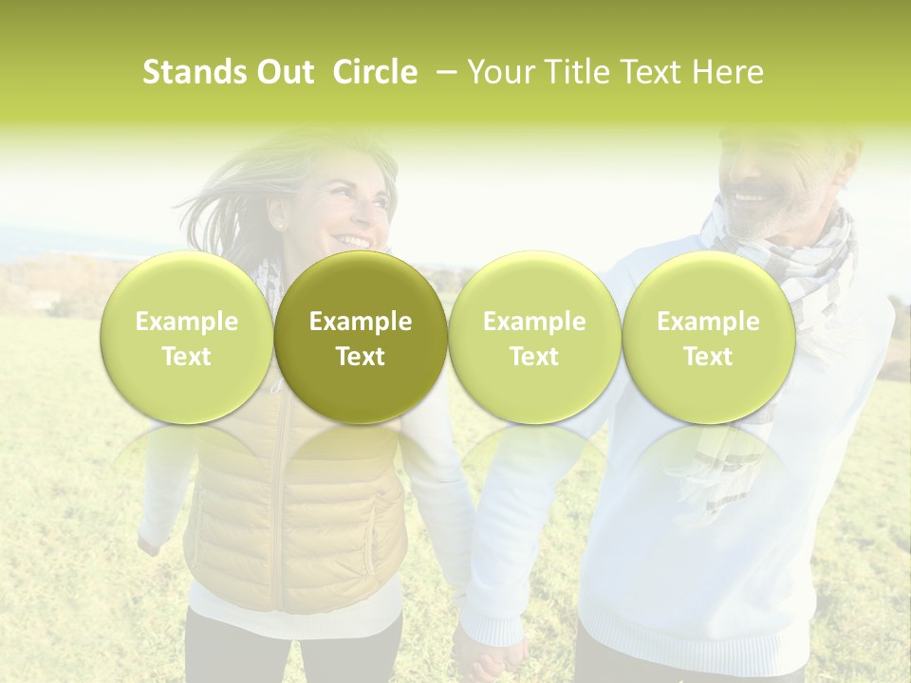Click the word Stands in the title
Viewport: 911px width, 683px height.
(x=194, y=72)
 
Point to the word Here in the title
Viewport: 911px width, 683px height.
(x=729, y=72)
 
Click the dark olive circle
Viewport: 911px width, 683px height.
(x=361, y=338)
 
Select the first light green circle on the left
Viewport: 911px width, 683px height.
(x=186, y=338)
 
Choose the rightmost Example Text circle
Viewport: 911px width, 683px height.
(x=708, y=338)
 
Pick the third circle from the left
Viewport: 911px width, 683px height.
(x=534, y=338)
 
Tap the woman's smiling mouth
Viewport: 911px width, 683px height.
(x=355, y=241)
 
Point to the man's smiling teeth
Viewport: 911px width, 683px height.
(x=750, y=197)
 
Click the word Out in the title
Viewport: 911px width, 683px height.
(x=283, y=72)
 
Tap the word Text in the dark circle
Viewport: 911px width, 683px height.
(x=361, y=357)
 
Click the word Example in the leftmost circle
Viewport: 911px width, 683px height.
(x=186, y=322)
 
